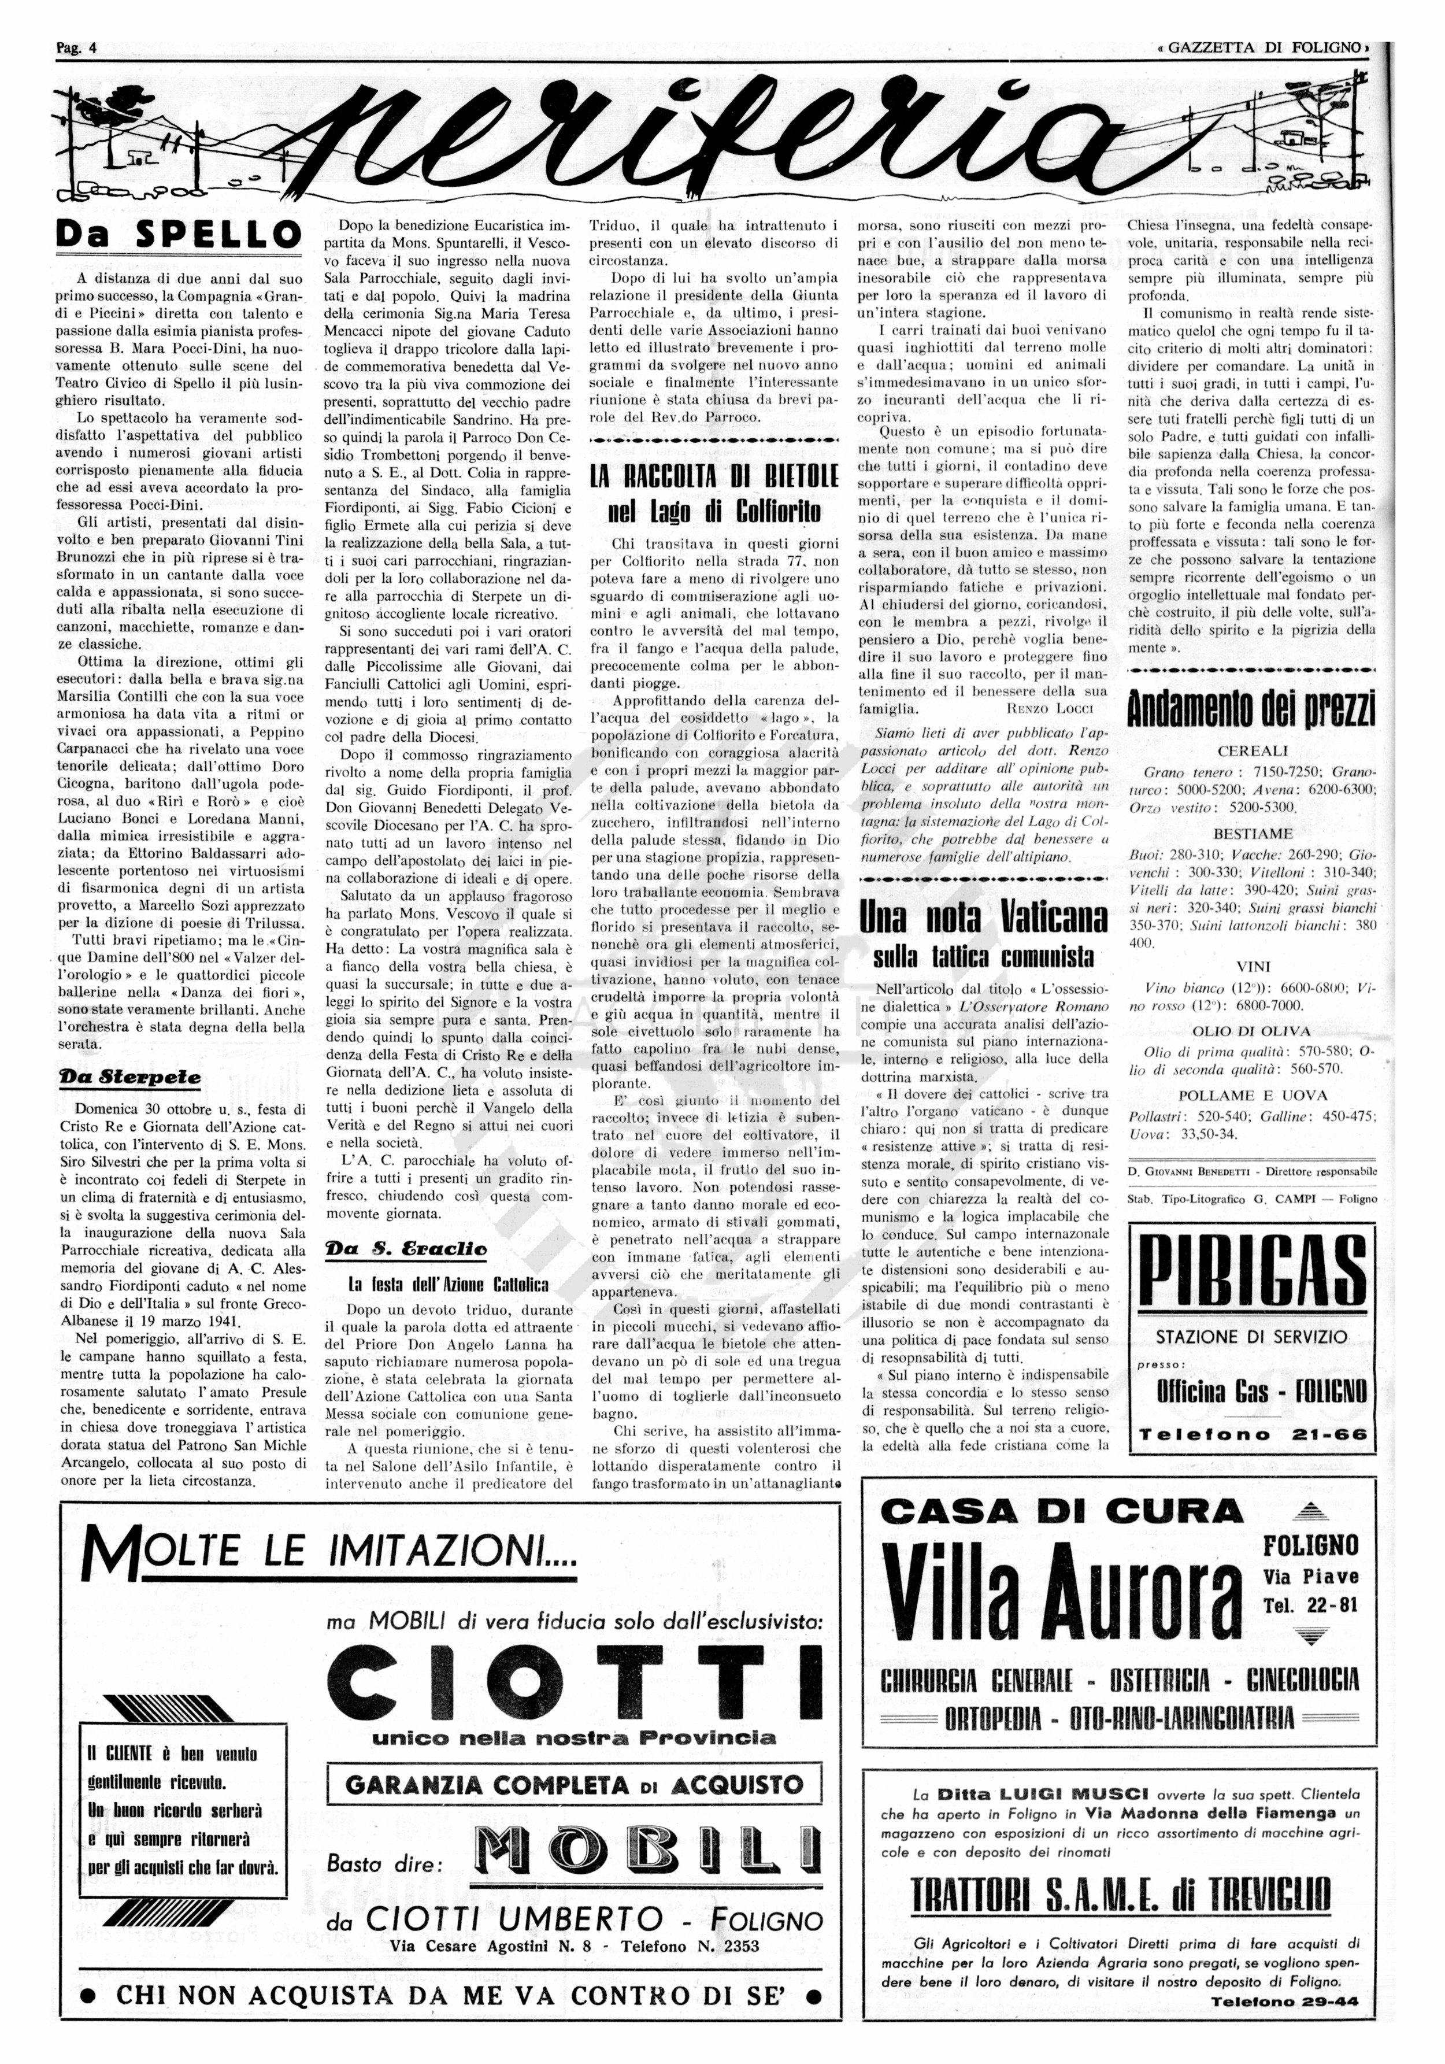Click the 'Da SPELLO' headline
click(178, 235)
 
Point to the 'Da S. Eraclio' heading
click(406, 1249)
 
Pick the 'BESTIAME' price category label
click(1253, 833)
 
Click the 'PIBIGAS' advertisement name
click(1252, 1275)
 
